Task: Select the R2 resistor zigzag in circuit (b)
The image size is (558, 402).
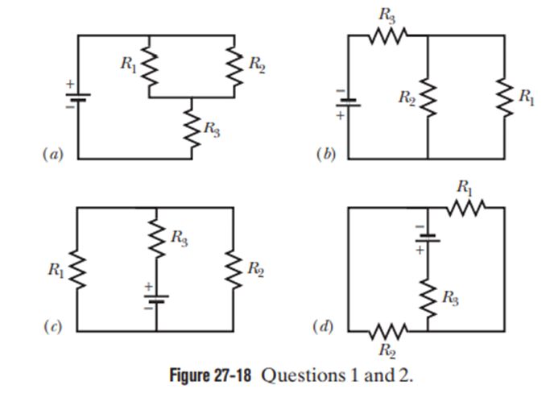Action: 427,101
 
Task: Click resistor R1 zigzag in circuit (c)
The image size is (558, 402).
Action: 78,270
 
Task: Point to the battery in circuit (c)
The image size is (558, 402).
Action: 155,299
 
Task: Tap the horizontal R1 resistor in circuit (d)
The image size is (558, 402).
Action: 465,208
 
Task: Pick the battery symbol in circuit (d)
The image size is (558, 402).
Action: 427,238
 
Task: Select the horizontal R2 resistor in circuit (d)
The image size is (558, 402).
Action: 389,331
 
